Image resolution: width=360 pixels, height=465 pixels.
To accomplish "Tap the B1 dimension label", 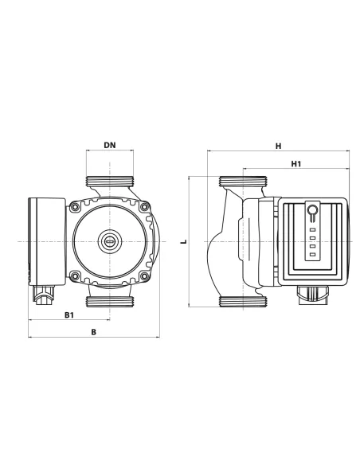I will point(69,316).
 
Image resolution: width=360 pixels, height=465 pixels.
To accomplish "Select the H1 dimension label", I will point(295,164).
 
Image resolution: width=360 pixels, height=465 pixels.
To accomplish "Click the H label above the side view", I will point(278,146).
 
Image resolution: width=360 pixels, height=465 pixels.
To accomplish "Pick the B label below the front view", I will point(93,332).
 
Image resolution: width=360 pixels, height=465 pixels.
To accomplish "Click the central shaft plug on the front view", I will point(107,240).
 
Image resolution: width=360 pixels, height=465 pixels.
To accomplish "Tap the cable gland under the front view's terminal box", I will point(43,301).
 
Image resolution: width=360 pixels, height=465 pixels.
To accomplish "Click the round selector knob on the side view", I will point(312,211).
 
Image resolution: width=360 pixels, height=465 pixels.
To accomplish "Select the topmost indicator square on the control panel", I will point(312,228).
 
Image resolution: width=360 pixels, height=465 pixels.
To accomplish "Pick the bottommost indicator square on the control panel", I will point(312,256).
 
